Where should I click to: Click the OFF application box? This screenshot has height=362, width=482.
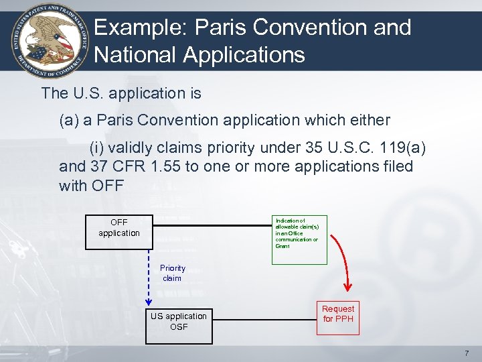(119, 228)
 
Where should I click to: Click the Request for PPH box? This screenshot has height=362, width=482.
(338, 314)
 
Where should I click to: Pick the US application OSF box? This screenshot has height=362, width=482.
(179, 321)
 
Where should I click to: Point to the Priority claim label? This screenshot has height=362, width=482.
(172, 273)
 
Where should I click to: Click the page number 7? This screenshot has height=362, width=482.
(467, 353)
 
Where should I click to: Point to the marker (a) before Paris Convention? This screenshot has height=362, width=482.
(69, 120)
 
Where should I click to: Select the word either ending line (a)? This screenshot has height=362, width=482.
(368, 120)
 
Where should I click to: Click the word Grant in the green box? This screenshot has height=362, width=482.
(283, 246)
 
